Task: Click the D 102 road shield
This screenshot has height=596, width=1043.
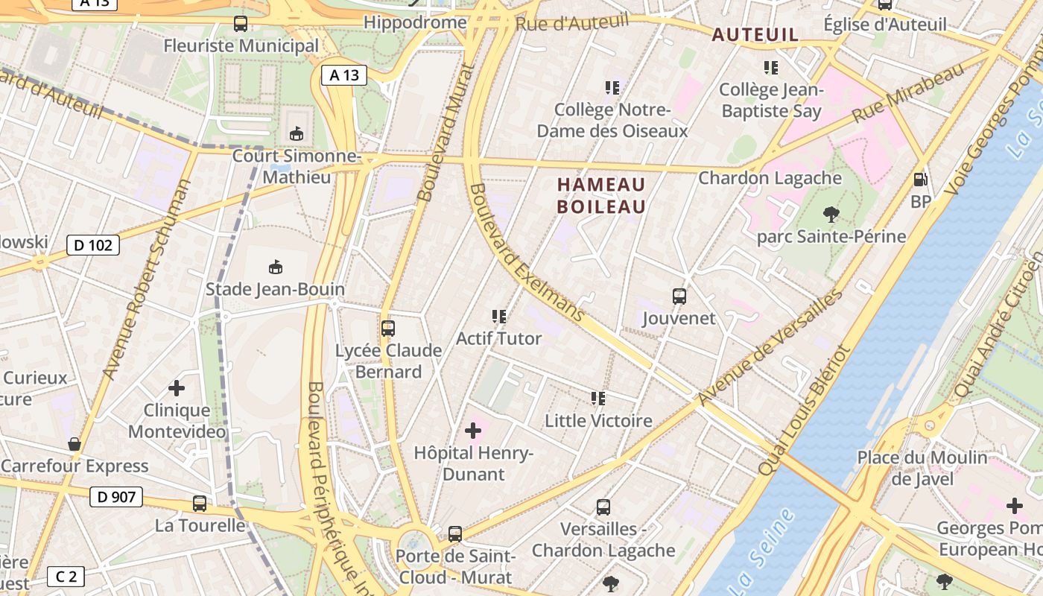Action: (93, 245)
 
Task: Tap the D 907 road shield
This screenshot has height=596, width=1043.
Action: (115, 496)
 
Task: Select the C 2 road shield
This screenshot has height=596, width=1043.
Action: (66, 576)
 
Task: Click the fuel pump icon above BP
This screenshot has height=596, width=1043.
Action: (921, 180)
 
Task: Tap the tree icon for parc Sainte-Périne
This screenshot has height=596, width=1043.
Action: (831, 215)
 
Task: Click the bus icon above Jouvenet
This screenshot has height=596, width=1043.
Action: (679, 297)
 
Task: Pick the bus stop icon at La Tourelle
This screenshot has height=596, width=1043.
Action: (200, 504)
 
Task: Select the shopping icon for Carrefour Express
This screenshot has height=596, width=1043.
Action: (74, 445)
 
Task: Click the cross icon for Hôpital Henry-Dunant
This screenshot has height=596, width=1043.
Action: (473, 431)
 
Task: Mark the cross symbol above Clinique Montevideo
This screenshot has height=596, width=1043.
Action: (177, 388)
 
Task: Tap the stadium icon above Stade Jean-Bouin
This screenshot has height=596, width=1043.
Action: (276, 267)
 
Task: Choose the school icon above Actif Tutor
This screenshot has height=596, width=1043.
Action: (499, 317)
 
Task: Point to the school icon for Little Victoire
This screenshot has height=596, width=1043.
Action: (598, 399)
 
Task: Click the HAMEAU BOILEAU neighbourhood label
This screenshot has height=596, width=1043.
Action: (601, 195)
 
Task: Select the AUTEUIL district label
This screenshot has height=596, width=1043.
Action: (755, 34)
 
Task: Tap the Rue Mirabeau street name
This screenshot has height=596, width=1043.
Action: (909, 94)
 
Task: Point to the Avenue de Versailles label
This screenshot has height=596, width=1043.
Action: (770, 347)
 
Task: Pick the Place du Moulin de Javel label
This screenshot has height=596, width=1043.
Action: (922, 468)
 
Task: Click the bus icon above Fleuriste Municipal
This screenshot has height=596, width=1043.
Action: (241, 24)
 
